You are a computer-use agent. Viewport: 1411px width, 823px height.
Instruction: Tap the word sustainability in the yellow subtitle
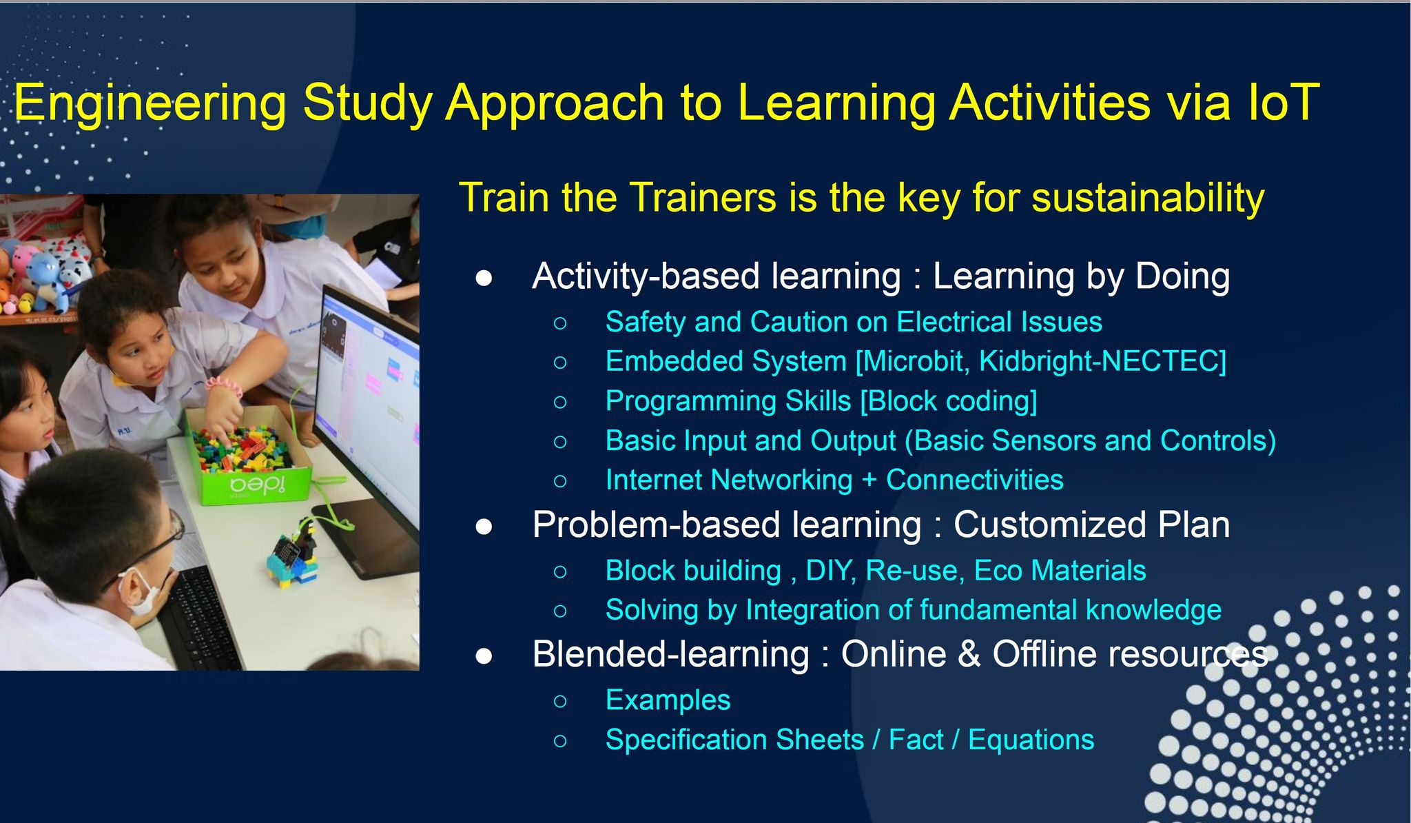[x=1148, y=199]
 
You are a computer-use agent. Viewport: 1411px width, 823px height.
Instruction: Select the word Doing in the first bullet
[x=1182, y=277]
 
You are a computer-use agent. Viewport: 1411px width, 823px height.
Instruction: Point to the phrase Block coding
[x=949, y=401]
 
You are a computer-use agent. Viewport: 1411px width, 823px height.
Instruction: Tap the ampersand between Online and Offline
[x=969, y=654]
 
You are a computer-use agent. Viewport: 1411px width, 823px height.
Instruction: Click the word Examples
[x=668, y=700]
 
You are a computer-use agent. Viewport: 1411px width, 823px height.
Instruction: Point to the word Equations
[x=1031, y=740]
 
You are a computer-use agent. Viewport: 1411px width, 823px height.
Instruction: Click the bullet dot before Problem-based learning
[x=484, y=527]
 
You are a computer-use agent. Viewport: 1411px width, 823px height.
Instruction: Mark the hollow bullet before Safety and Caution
[x=560, y=323]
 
